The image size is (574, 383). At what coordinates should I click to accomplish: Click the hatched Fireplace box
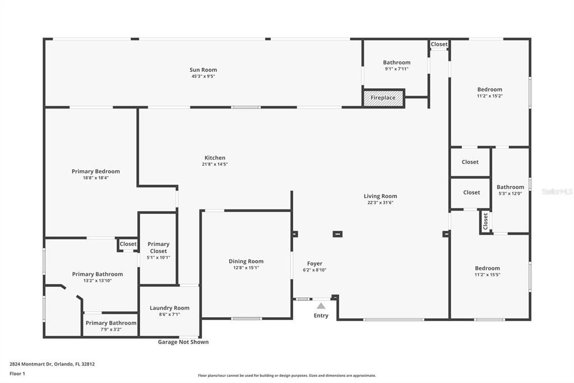(383, 98)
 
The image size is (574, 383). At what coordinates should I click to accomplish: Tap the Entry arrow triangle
(321, 306)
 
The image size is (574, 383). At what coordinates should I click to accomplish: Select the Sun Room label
(203, 70)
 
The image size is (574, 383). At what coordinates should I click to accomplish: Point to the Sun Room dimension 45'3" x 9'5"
(203, 76)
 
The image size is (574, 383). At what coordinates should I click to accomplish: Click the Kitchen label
(215, 158)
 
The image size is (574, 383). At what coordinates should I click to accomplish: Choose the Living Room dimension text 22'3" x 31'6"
(380, 203)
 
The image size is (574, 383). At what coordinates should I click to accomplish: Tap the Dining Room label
(246, 261)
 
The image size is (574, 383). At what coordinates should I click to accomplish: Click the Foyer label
(314, 263)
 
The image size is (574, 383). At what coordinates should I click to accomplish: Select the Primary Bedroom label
(96, 171)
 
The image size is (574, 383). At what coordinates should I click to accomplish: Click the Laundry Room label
(169, 308)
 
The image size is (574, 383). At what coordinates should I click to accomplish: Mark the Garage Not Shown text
(183, 342)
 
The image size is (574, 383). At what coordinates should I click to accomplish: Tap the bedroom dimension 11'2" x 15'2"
(489, 96)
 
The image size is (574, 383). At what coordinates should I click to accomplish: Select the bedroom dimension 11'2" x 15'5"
(487, 275)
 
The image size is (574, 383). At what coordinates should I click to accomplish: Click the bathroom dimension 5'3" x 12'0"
(510, 194)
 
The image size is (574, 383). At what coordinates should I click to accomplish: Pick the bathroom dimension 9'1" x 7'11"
(396, 69)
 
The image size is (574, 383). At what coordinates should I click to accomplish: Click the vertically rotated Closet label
(485, 221)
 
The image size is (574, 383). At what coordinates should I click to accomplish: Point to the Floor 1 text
(17, 373)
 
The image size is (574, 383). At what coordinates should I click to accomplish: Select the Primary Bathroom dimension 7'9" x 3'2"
(110, 330)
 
